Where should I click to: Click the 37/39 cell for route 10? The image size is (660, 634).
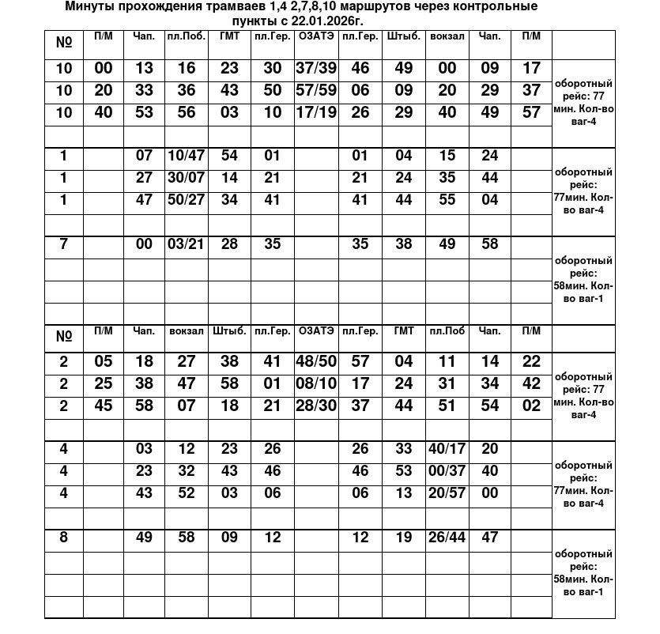click(316, 69)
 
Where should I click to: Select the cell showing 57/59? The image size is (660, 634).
click(316, 90)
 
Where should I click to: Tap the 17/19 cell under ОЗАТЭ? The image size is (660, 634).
click(316, 112)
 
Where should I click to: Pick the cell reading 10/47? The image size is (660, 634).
click(186, 156)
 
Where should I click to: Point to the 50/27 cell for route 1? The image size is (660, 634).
click(186, 200)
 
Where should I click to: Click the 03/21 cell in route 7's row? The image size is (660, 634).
click(186, 244)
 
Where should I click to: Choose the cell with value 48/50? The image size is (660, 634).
click(316, 362)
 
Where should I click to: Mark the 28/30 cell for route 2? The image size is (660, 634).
click(316, 406)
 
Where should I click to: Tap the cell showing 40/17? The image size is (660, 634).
click(447, 449)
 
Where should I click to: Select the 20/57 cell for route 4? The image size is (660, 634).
click(447, 493)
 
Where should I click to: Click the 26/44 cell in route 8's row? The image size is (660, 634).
click(447, 538)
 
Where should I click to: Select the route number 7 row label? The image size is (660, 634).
click(64, 244)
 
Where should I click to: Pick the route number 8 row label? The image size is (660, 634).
click(64, 538)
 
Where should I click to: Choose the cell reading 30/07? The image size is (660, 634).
click(186, 178)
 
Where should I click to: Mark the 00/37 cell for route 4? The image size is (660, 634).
click(447, 471)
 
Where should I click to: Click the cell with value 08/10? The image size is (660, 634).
click(316, 384)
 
